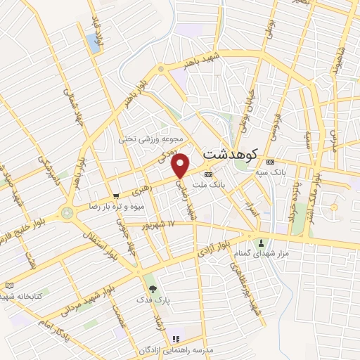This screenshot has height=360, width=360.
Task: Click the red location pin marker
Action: click(x=181, y=165)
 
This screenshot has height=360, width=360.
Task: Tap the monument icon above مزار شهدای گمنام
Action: click(x=259, y=233)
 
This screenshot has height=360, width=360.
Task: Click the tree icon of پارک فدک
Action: click(x=151, y=288)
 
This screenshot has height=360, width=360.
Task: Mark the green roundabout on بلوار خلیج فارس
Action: click(x=67, y=211)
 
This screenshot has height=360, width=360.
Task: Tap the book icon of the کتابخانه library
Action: click(x=9, y=285)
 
